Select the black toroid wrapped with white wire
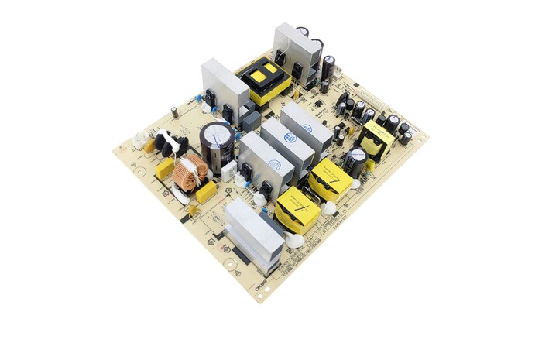pos(167,143)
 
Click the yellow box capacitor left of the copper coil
pos(165,168)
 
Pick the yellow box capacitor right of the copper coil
pos(206,191)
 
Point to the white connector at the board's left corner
pos(139,140)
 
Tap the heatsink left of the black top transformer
pos(225,85)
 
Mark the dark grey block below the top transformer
pos(251,121)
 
